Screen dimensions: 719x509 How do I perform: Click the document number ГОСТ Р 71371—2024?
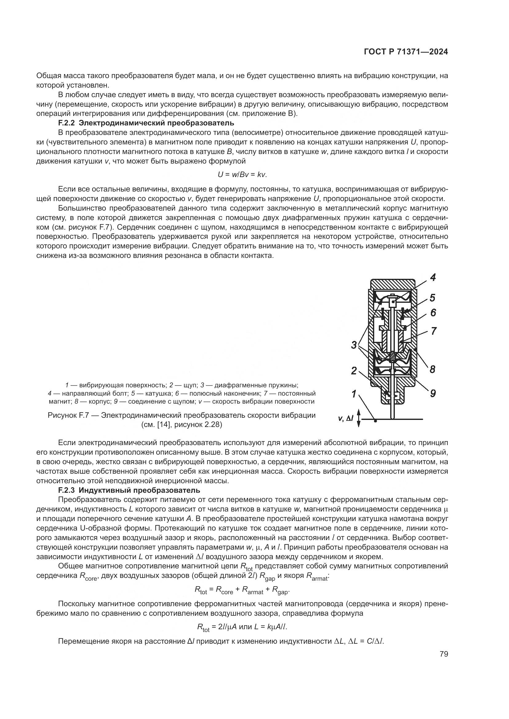click(x=406, y=52)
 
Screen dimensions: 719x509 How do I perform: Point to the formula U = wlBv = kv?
click(x=242, y=174)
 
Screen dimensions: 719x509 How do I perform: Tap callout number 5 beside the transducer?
click(x=432, y=298)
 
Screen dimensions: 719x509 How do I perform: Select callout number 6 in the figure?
click(x=433, y=313)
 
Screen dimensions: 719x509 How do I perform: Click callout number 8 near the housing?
click(x=432, y=369)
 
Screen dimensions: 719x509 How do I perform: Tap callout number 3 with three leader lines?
click(x=354, y=346)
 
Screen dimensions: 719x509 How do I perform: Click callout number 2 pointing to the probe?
click(x=354, y=371)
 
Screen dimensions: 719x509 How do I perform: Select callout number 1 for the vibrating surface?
click(x=354, y=394)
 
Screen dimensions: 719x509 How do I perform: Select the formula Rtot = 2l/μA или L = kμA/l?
click(x=242, y=627)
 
